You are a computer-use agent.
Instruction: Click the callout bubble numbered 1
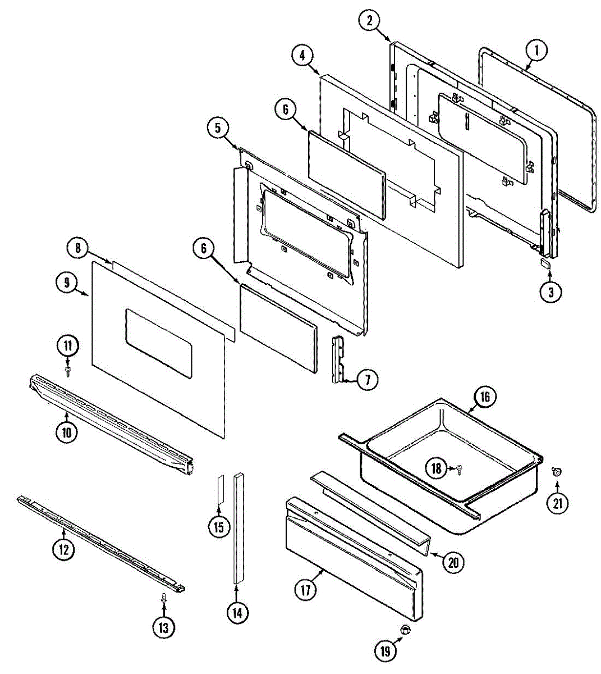[536, 51]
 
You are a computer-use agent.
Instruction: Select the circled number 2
[369, 21]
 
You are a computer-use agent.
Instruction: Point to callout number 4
[302, 55]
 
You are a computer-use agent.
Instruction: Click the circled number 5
[217, 127]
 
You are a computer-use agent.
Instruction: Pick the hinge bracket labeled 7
[338, 359]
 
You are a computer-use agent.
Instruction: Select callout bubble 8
[77, 247]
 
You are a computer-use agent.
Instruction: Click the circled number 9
[67, 283]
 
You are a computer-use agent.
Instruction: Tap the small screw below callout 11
[68, 371]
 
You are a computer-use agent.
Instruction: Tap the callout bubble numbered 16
[484, 397]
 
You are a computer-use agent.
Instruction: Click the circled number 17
[306, 590]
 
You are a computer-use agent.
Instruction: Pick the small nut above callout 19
[403, 631]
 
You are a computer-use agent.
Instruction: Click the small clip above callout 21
[557, 472]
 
